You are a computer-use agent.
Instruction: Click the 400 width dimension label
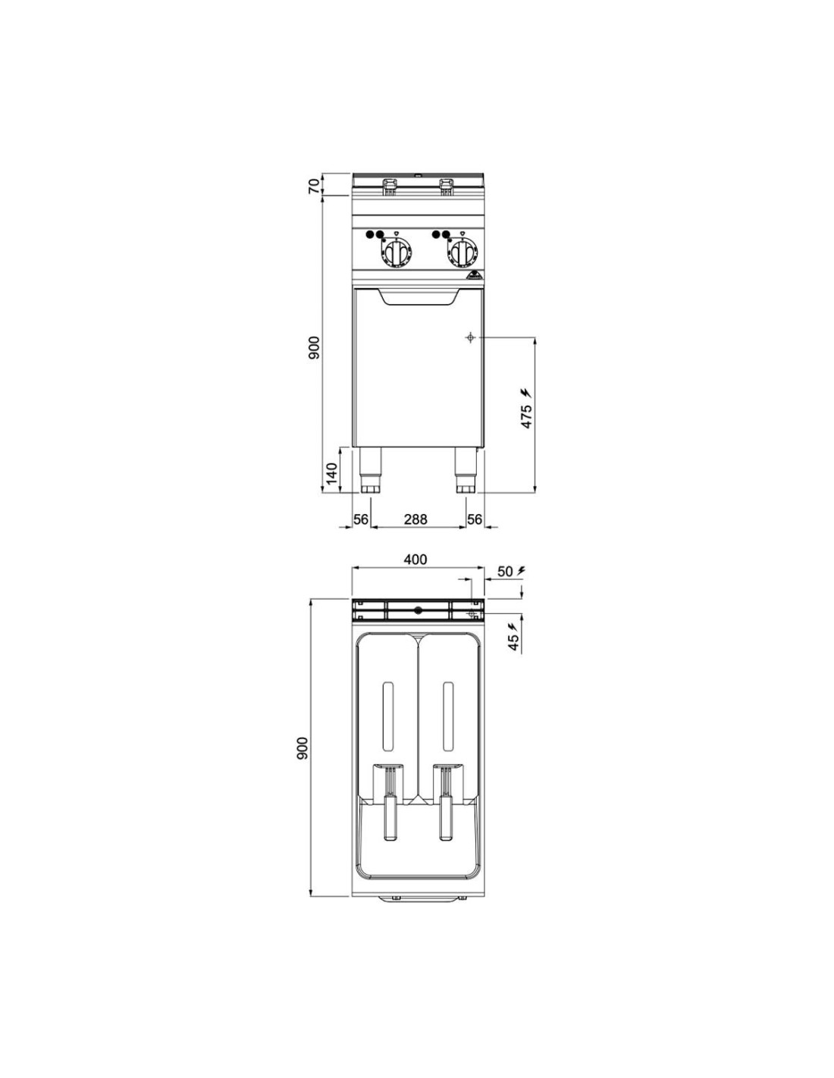click(x=415, y=559)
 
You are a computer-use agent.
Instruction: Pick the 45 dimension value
click(x=513, y=642)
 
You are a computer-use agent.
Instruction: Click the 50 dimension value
click(x=505, y=572)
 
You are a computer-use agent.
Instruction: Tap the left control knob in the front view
click(x=396, y=253)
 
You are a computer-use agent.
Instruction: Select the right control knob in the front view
click(x=462, y=253)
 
